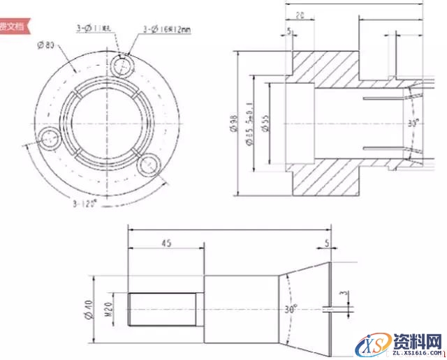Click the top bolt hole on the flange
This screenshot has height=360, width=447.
click(x=122, y=65)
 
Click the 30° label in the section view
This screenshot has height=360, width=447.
click(x=413, y=122)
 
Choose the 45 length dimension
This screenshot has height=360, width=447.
click(x=166, y=244)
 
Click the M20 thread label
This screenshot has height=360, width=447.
click(x=110, y=310)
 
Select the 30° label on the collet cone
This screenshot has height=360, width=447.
click(x=291, y=308)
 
